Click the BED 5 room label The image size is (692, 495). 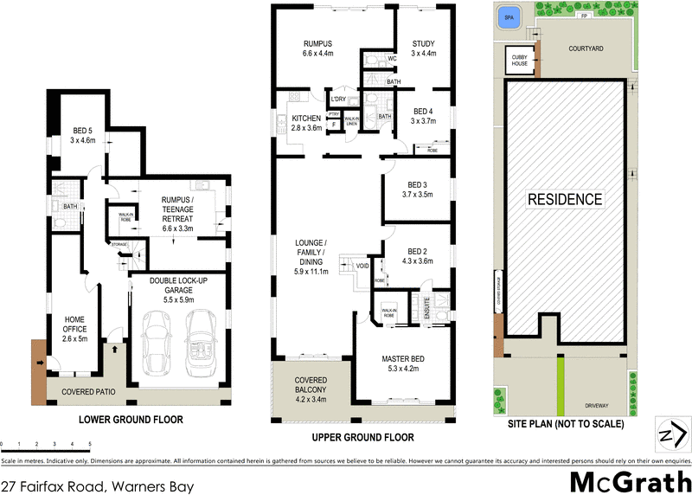point(82,135)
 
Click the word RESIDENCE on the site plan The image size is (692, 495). point(566,199)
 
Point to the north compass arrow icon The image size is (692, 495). point(673,434)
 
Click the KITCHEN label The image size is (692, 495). point(306,122)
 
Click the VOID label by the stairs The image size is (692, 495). point(362,265)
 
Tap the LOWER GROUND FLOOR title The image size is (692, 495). point(131,421)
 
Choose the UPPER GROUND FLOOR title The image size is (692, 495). point(363,437)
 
